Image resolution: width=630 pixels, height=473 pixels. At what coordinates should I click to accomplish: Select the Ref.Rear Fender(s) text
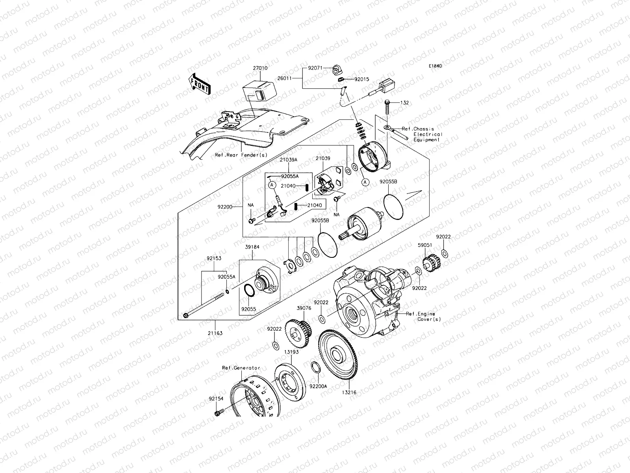(241, 155)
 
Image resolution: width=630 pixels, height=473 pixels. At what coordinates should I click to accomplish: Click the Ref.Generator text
(241, 368)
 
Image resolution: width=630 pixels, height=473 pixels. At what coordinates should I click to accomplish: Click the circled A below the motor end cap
(365, 182)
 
